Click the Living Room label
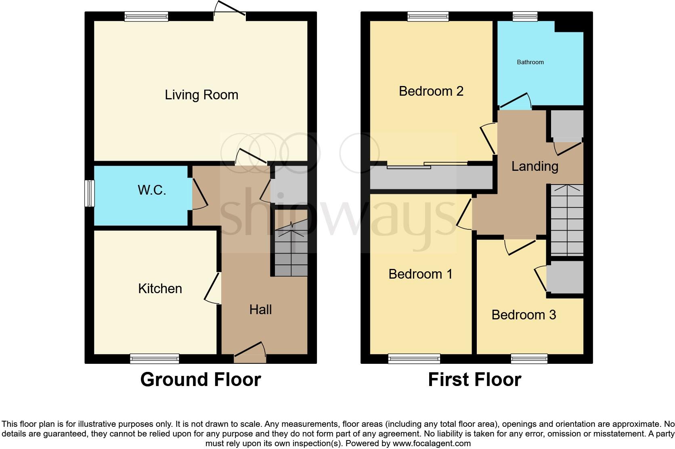pyautogui.click(x=201, y=95)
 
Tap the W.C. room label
pyautogui.click(x=152, y=190)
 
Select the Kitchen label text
pyautogui.click(x=160, y=288)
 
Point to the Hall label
pyautogui.click(x=260, y=310)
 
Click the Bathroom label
pyautogui.click(x=530, y=62)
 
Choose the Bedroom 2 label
pyautogui.click(x=431, y=91)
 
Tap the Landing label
pyautogui.click(x=535, y=166)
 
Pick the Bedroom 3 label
pyautogui.click(x=524, y=315)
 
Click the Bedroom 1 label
pyautogui.click(x=420, y=274)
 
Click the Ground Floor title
pyautogui.click(x=201, y=380)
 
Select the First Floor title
pyautogui.click(x=474, y=380)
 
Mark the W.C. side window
pyautogui.click(x=89, y=193)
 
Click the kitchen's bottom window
pyautogui.click(x=154, y=358)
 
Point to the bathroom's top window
pyautogui.click(x=525, y=16)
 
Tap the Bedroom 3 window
pyautogui.click(x=529, y=358)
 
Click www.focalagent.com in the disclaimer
pyautogui.click(x=432, y=443)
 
